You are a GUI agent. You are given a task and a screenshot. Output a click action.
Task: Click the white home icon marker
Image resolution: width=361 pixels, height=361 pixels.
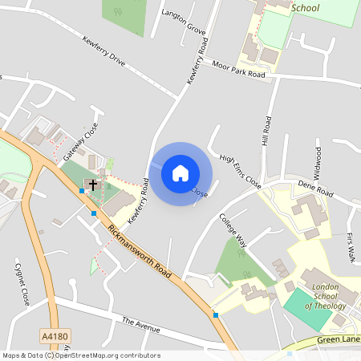[x=180, y=172]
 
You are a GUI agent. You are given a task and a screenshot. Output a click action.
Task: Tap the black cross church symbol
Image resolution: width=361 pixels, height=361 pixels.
[x=93, y=185]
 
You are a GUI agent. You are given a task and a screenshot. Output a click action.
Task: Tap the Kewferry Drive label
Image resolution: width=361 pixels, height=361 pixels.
[x=104, y=50]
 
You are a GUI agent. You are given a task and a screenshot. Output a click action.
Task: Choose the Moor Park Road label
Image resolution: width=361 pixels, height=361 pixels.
[x=239, y=69]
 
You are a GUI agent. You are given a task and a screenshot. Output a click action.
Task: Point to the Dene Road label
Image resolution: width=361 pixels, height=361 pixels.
[x=314, y=192]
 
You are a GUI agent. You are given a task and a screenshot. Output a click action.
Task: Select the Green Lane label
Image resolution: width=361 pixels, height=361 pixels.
[x=336, y=339]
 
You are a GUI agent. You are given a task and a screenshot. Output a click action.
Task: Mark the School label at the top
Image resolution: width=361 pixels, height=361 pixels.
[x=306, y=8]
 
